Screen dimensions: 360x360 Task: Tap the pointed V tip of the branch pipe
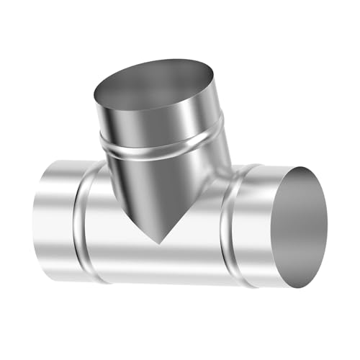tap(159, 240)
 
